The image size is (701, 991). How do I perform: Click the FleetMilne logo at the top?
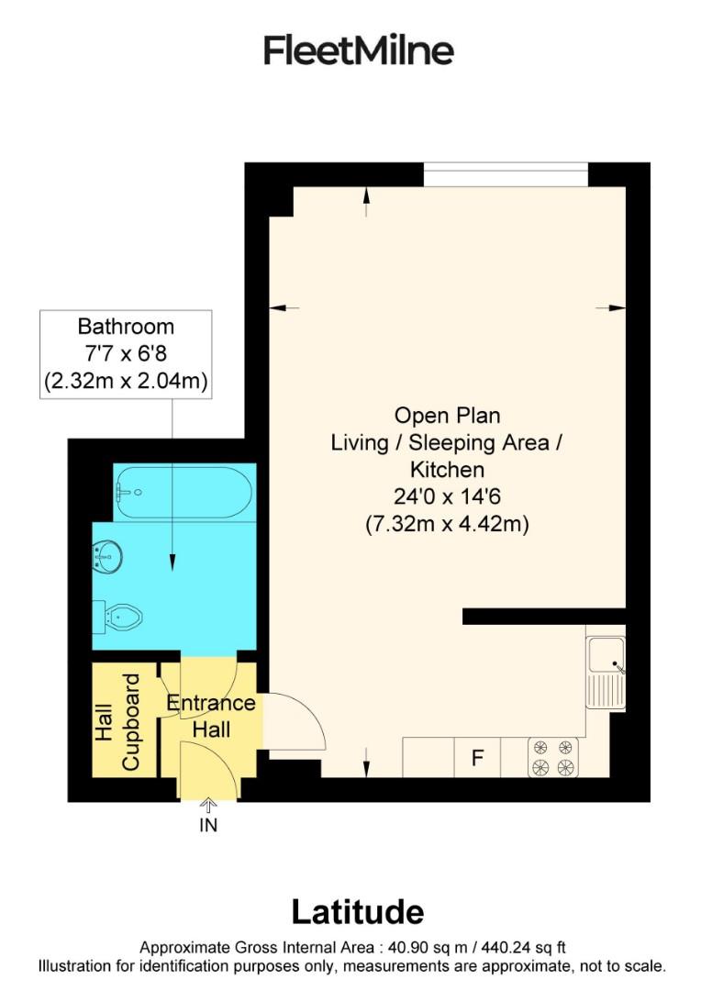click(358, 50)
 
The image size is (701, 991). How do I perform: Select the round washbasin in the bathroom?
click(108, 555)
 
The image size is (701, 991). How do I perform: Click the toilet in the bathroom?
click(121, 615)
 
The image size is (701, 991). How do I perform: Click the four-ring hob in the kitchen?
click(553, 757)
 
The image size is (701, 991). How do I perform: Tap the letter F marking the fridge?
click(477, 758)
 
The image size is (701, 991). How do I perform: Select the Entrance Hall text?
click(211, 716)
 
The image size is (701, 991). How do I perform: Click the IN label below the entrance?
click(208, 825)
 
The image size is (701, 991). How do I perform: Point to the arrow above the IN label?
click(208, 806)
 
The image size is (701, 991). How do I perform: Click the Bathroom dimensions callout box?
click(127, 353)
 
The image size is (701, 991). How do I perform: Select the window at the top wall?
click(506, 166)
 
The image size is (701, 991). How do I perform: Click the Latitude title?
click(357, 911)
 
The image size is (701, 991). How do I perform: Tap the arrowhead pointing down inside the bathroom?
click(172, 566)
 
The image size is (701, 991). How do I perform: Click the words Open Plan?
click(447, 415)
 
